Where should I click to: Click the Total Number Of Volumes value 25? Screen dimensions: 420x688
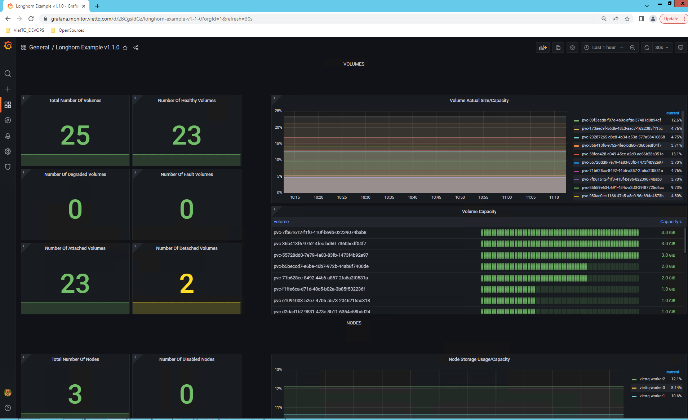(75, 136)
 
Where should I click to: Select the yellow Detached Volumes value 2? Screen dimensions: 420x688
(187, 284)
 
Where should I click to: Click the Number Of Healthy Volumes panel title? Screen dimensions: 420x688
(187, 101)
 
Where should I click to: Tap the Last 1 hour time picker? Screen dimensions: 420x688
(603, 48)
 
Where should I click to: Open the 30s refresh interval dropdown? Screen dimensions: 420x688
(661, 48)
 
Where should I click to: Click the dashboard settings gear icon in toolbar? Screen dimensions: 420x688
(572, 48)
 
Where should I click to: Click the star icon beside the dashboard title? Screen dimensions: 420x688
(125, 48)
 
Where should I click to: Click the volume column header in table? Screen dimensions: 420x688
(281, 222)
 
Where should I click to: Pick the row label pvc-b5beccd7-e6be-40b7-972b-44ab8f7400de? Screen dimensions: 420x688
(321, 266)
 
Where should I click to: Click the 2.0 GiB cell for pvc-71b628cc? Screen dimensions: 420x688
(668, 278)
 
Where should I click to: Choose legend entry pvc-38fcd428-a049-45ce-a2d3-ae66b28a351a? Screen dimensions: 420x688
(622, 154)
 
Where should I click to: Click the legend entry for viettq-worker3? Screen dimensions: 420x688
(652, 388)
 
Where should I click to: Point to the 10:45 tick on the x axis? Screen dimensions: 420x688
(436, 198)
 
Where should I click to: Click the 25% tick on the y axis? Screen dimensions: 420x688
(278, 111)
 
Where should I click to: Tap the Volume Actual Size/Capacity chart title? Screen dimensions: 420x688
(479, 101)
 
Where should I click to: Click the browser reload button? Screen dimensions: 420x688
(31, 19)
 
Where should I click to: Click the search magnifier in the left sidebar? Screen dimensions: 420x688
(8, 74)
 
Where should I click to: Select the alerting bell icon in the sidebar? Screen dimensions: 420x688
(8, 136)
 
